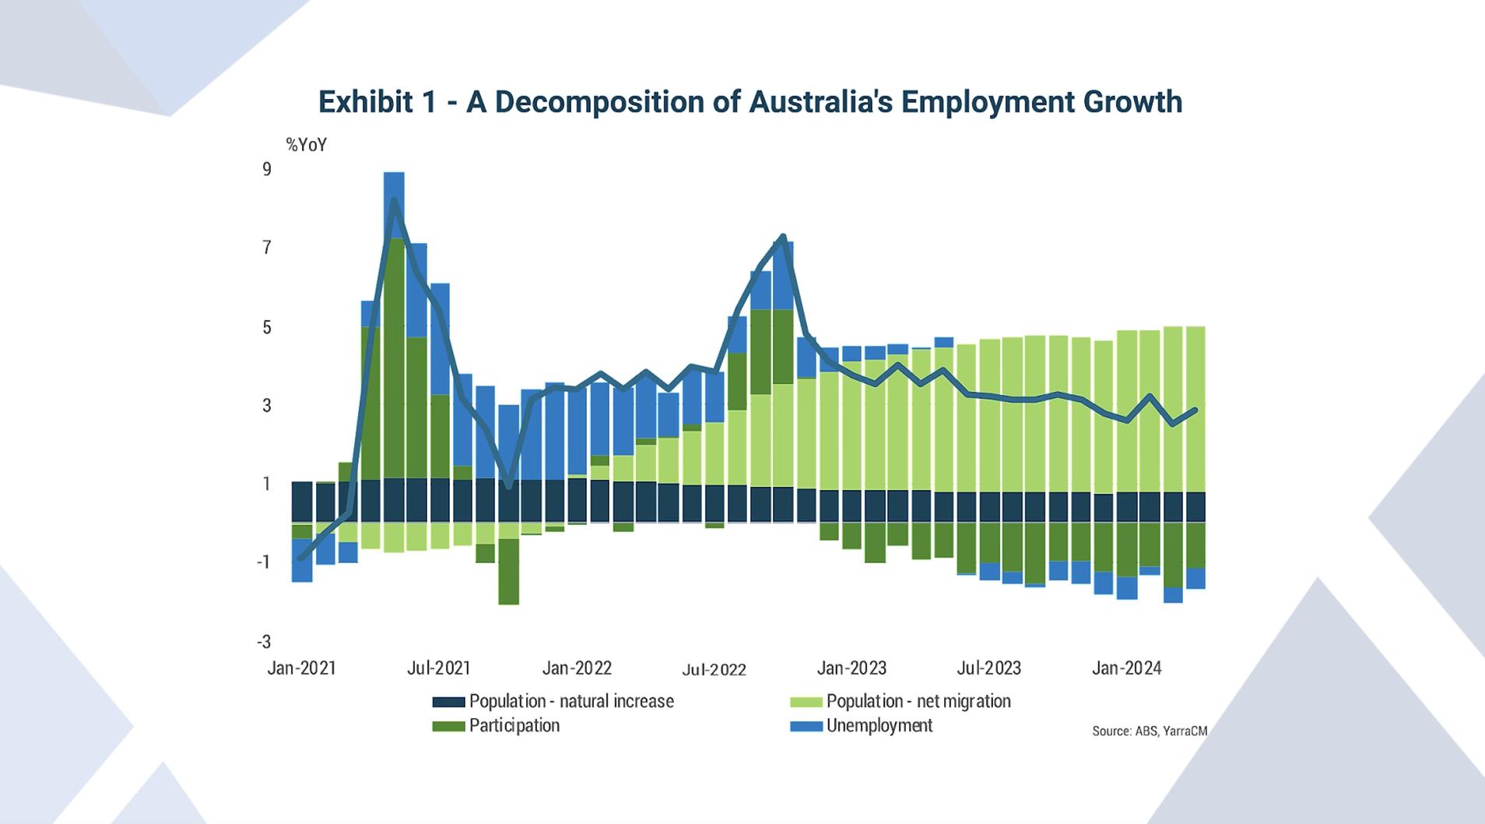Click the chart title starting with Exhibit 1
[750, 102]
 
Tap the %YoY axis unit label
[306, 145]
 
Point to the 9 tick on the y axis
[267, 170]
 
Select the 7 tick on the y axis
[267, 248]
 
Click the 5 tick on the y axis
[267, 327]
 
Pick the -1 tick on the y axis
[264, 562]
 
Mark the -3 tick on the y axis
[264, 642]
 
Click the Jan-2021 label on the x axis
[301, 668]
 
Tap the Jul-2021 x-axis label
[439, 668]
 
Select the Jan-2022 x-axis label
[577, 668]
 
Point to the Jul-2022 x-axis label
[714, 670]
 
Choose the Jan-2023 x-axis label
[851, 668]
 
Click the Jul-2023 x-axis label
[988, 668]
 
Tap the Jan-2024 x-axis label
[1126, 668]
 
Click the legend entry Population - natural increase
[570, 702]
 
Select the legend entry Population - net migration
[918, 702]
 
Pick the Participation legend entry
[514, 726]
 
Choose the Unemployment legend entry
[879, 726]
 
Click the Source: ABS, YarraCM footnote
[1149, 731]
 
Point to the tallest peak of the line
[394, 200]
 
